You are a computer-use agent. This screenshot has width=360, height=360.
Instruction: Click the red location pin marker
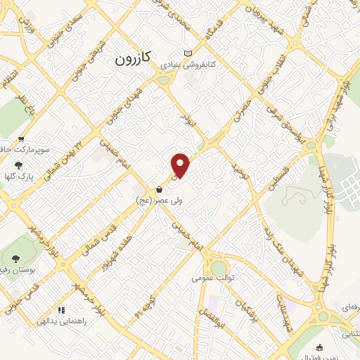[181, 165]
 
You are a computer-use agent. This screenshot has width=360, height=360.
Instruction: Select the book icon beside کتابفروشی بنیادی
[187, 53]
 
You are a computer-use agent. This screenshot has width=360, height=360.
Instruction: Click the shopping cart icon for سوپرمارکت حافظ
[22, 139]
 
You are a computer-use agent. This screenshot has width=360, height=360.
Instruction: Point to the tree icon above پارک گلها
[18, 165]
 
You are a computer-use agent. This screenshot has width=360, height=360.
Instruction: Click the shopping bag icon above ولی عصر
[160, 189]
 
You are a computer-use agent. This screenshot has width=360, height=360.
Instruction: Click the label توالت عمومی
[214, 278]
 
